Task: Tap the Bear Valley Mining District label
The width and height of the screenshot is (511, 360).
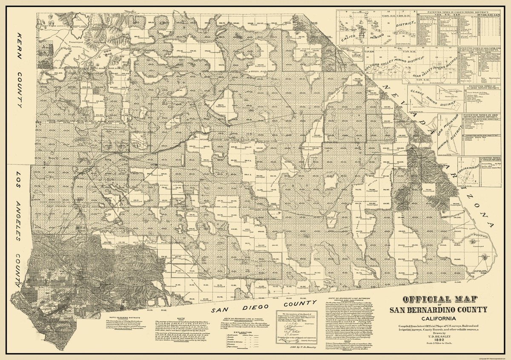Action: point(426,68)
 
